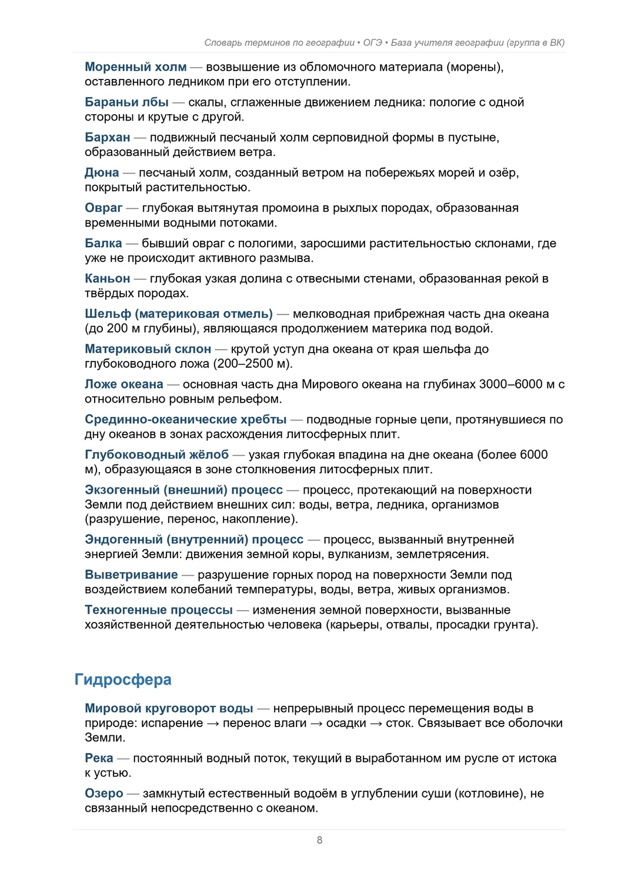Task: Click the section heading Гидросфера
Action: [x=123, y=679]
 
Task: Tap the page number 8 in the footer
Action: [x=319, y=840]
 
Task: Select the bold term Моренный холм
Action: [x=136, y=67]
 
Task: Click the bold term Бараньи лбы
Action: [x=126, y=102]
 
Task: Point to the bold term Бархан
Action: [x=108, y=138]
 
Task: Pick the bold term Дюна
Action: [x=102, y=173]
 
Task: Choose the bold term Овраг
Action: [x=104, y=208]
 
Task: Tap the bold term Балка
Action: [x=104, y=243]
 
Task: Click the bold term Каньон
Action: [x=108, y=278]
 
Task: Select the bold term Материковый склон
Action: [x=148, y=349]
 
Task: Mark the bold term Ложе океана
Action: [x=124, y=384]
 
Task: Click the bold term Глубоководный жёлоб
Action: [x=156, y=454]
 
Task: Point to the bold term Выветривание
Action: [x=131, y=575]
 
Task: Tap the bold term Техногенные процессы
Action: [x=159, y=610]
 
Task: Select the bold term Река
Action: [x=99, y=758]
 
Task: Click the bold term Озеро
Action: [x=104, y=794]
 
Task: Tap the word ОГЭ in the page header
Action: [x=372, y=42]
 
